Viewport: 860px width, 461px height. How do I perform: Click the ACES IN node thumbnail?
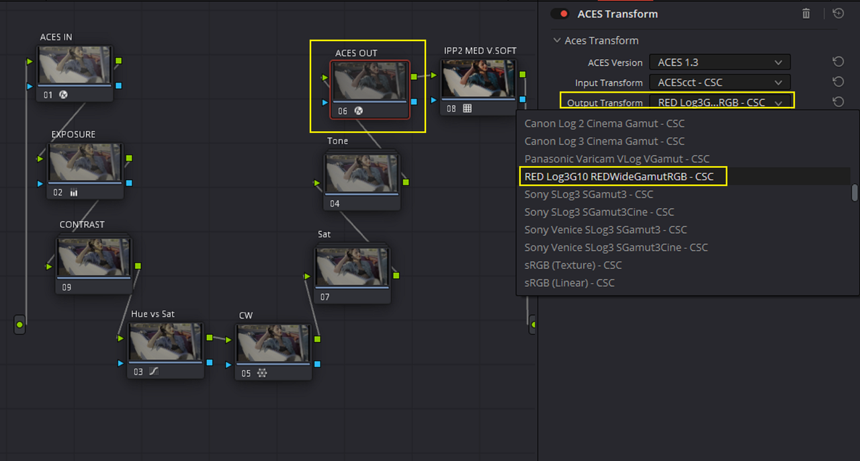point(75,65)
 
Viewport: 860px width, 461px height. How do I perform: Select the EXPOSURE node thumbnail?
point(85,162)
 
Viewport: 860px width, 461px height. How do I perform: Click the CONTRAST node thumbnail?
point(93,257)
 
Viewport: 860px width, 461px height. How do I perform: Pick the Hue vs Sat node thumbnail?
point(165,341)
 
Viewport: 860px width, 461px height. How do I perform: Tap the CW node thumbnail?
point(273,343)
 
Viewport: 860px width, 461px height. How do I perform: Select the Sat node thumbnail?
point(352,267)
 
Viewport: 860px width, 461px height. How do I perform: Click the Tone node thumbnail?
point(361,173)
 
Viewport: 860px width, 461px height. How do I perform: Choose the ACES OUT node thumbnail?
point(370,81)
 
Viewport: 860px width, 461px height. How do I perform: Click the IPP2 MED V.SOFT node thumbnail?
point(478,79)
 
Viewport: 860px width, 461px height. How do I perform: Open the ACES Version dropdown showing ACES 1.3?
point(720,62)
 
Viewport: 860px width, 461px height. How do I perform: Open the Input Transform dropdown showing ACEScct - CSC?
point(720,82)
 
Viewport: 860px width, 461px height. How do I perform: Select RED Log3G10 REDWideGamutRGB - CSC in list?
point(619,176)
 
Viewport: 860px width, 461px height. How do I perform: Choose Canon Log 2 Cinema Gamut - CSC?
point(604,124)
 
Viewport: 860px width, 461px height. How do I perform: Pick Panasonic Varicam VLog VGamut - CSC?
point(617,159)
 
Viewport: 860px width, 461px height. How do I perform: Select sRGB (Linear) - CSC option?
point(569,283)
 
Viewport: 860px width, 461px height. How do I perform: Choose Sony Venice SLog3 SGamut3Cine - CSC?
point(616,247)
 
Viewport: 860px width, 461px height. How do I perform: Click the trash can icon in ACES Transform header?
point(806,14)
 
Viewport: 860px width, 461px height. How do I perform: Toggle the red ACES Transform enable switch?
point(560,14)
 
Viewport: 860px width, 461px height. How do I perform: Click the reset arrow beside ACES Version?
point(838,62)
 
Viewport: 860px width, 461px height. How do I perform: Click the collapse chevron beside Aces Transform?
point(557,40)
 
